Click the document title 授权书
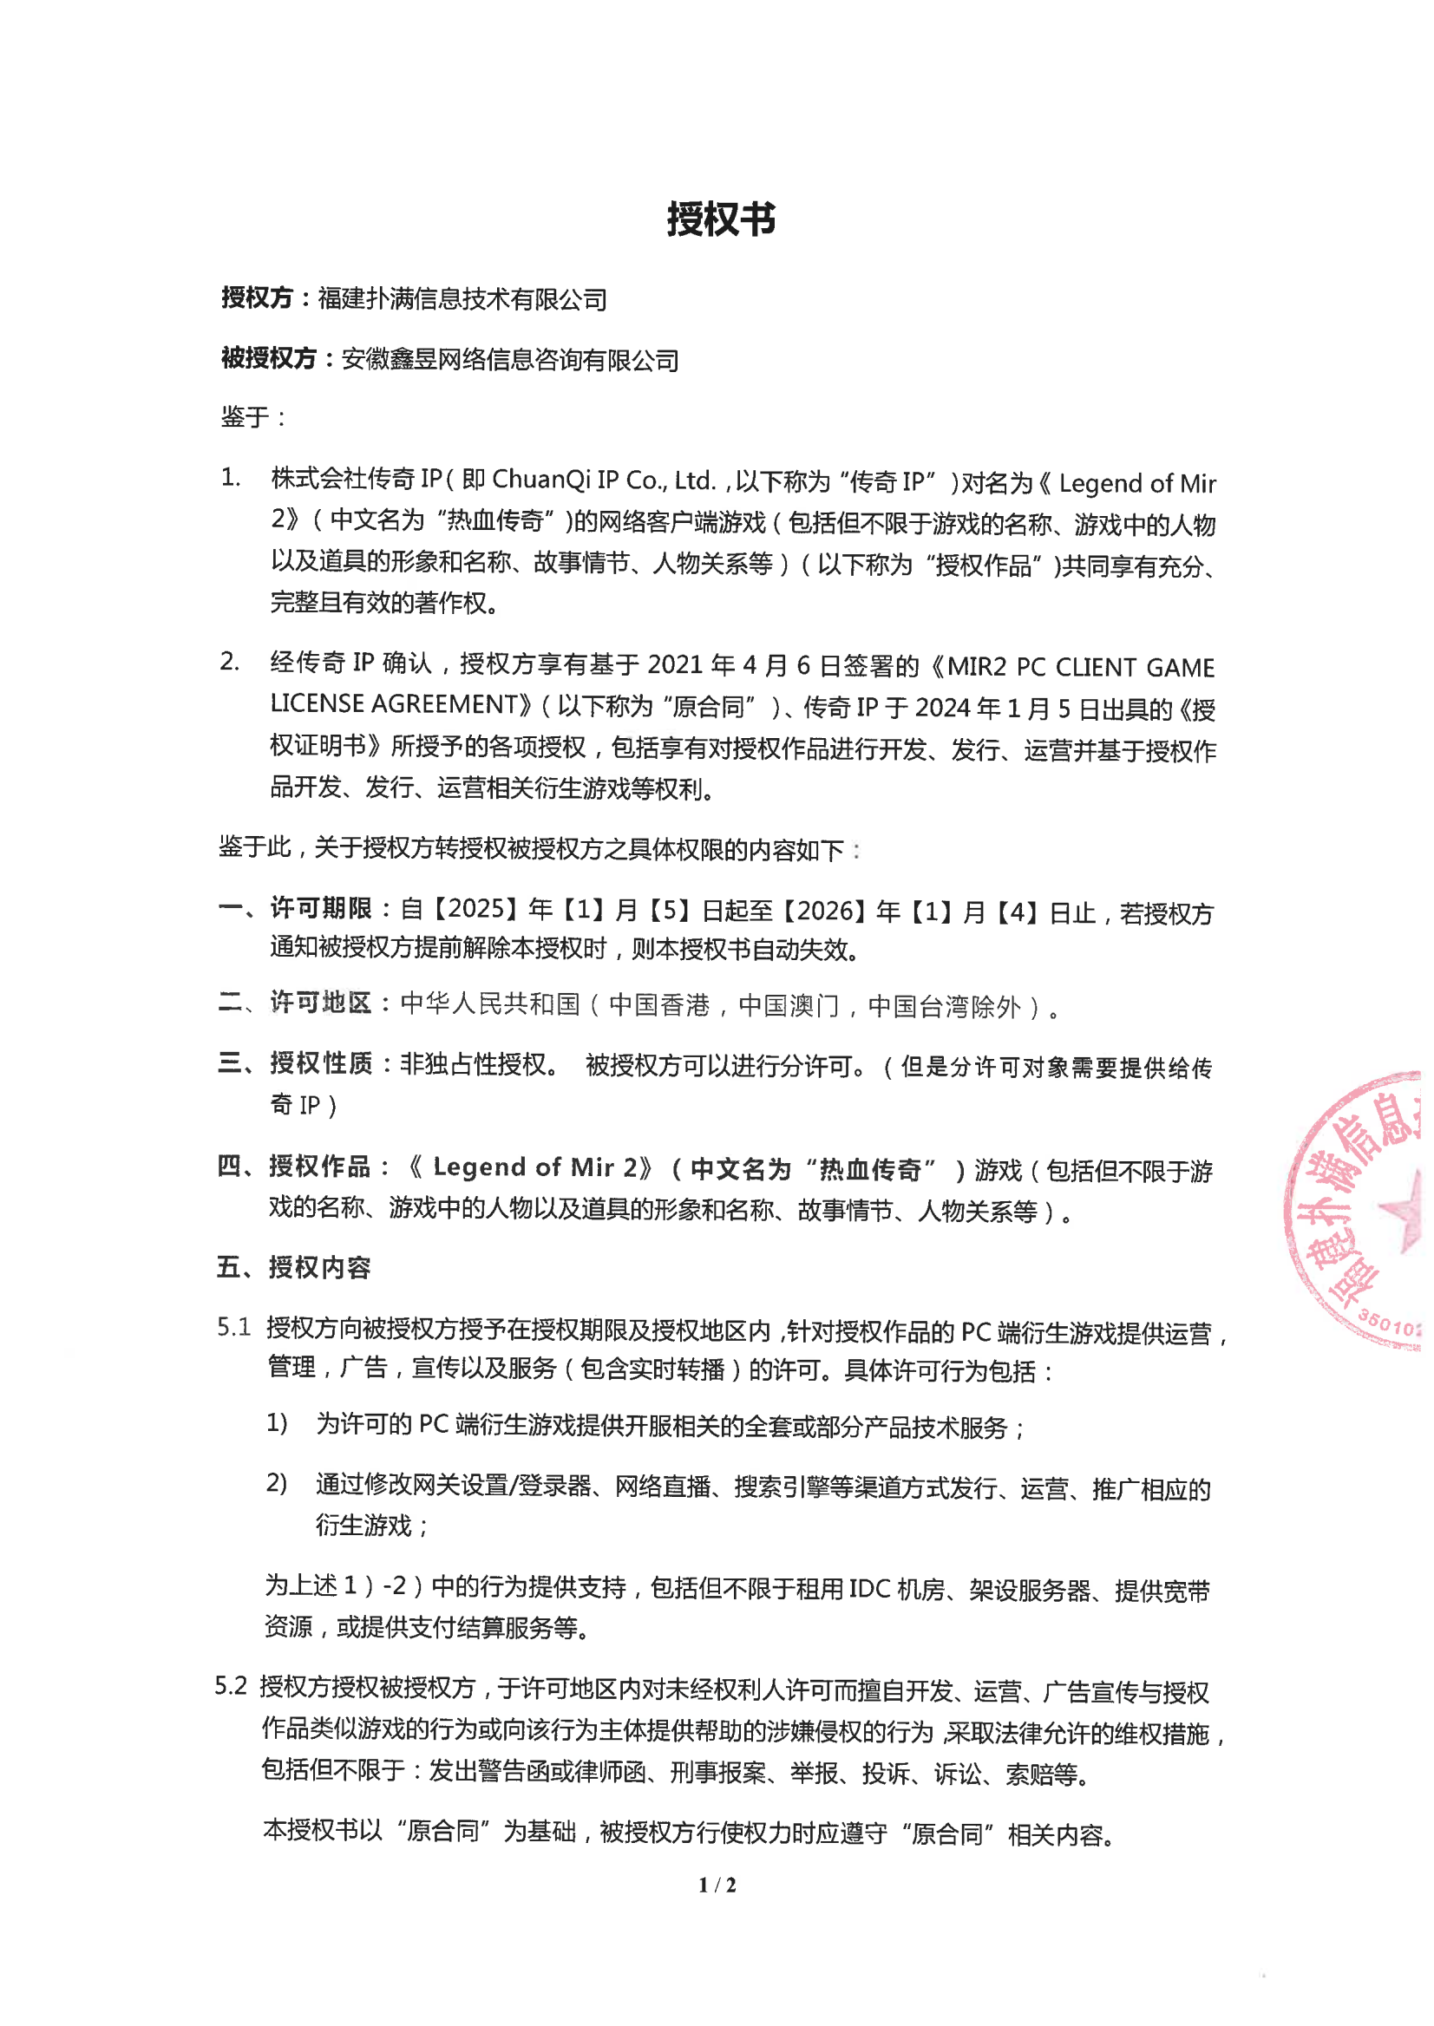[721, 219]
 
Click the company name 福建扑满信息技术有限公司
[462, 299]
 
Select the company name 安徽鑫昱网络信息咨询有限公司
[509, 359]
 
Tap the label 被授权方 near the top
[267, 358]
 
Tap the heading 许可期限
[321, 908]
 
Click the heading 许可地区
[321, 1003]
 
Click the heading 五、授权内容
[294, 1268]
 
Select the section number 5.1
[234, 1327]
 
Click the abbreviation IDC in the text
[869, 1589]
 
